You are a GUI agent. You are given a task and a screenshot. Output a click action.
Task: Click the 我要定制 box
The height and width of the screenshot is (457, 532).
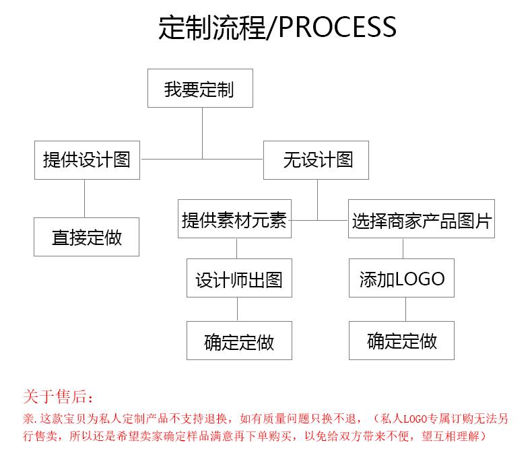pyautogui.click(x=200, y=88)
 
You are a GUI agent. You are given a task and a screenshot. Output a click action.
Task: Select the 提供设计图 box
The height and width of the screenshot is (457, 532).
pyautogui.click(x=87, y=160)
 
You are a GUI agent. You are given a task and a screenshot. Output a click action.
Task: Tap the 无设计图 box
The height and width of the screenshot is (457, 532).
pyautogui.click(x=317, y=160)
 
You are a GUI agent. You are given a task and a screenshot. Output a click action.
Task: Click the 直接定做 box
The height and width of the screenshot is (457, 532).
pyautogui.click(x=86, y=237)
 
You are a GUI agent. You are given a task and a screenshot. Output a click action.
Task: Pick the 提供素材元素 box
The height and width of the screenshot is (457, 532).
pyautogui.click(x=235, y=219)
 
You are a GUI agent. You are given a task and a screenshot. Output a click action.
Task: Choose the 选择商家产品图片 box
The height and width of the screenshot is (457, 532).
pyautogui.click(x=422, y=219)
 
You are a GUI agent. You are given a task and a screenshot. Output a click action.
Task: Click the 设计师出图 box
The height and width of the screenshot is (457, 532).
pyautogui.click(x=239, y=278)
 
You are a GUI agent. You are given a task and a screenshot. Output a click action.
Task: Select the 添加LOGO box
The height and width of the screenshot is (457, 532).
pyautogui.click(x=402, y=278)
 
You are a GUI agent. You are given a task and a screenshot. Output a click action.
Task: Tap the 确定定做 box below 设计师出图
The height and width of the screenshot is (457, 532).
pyautogui.click(x=239, y=341)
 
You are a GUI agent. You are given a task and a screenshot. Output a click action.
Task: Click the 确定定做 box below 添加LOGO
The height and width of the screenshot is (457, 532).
pyautogui.click(x=402, y=341)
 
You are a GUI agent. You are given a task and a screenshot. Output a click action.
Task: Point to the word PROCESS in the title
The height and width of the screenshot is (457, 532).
pyautogui.click(x=337, y=27)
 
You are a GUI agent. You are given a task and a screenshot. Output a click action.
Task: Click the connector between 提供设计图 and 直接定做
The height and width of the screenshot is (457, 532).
pyautogui.click(x=84, y=199)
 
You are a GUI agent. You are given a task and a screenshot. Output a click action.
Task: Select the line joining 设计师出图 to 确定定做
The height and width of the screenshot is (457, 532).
pyautogui.click(x=238, y=309)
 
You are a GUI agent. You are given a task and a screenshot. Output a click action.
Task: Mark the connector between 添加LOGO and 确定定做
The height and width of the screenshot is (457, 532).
pyautogui.click(x=406, y=309)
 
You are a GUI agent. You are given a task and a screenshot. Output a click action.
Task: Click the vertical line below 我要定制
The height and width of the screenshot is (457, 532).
pyautogui.click(x=203, y=133)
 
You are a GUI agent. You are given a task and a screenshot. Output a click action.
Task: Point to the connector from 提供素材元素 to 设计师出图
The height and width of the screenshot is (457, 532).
pyautogui.click(x=237, y=248)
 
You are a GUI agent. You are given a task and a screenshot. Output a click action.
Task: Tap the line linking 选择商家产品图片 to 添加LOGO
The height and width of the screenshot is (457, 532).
pyautogui.click(x=403, y=248)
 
